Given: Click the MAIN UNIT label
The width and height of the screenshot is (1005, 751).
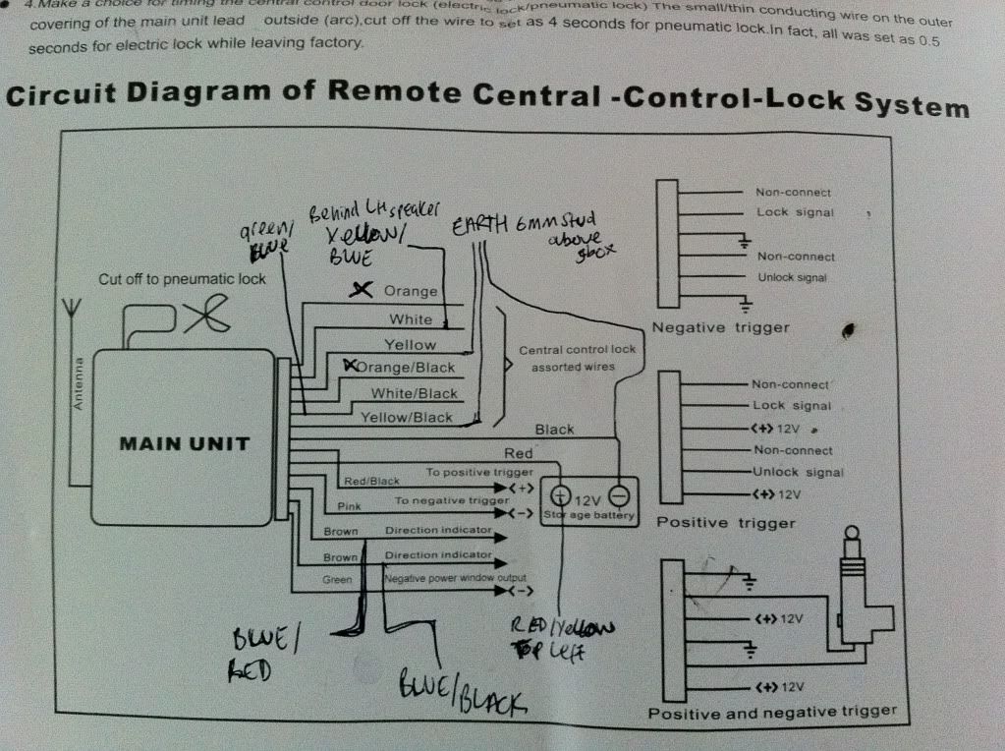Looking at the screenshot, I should (x=185, y=443).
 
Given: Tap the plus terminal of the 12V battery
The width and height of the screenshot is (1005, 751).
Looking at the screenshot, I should (x=561, y=495).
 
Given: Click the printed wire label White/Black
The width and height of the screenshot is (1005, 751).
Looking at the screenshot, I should (x=415, y=393).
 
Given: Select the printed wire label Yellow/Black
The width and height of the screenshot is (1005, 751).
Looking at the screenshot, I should (x=407, y=417).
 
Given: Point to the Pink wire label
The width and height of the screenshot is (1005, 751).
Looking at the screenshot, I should (x=349, y=506).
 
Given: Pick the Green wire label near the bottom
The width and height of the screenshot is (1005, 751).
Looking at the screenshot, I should (x=337, y=580).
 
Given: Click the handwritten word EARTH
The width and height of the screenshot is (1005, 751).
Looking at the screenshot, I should (x=479, y=225).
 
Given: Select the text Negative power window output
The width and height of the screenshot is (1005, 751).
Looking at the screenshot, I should (x=455, y=578).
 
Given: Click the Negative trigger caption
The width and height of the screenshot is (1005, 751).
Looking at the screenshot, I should (x=720, y=328).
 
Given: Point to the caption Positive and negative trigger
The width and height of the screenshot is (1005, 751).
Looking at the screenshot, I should (x=772, y=711).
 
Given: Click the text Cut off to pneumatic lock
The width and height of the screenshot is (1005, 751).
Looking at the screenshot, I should (x=183, y=279).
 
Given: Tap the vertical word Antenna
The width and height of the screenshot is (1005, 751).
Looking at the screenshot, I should (x=80, y=383).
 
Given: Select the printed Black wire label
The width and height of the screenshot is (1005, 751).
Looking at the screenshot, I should (x=554, y=430).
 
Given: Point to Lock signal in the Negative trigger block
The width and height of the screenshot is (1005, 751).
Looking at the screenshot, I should (x=795, y=212).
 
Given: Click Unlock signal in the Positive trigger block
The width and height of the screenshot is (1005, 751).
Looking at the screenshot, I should (x=797, y=472).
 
